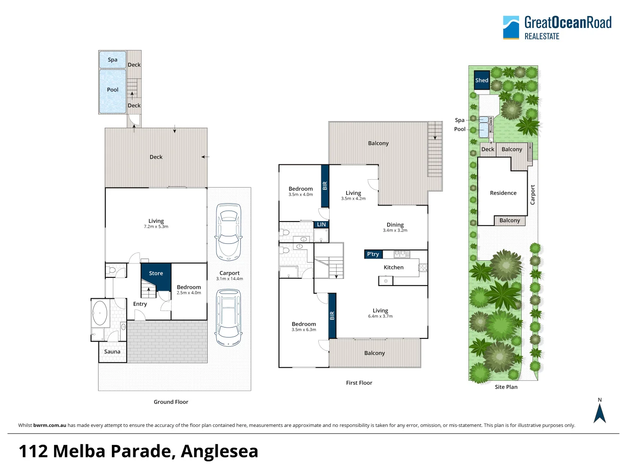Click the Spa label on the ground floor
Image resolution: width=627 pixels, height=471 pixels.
(112, 60)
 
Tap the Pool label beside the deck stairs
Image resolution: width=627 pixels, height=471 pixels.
(112, 90)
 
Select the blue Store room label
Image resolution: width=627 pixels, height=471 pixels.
(156, 273)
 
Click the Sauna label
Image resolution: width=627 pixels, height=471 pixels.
(112, 352)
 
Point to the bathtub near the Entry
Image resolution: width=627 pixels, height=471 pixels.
(101, 313)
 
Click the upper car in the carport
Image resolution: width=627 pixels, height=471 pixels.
(228, 231)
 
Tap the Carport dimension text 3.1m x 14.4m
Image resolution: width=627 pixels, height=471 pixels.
(229, 279)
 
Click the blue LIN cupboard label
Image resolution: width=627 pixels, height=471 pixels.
(321, 225)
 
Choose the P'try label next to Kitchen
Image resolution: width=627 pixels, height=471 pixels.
(373, 254)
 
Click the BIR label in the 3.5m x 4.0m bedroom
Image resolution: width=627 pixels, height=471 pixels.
(325, 186)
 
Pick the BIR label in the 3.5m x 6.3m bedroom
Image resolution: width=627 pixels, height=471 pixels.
(332, 315)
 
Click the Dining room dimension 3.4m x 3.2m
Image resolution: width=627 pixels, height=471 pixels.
(395, 230)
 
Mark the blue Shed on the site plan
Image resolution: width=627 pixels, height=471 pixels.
(482, 80)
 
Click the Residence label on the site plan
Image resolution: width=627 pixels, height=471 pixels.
(503, 193)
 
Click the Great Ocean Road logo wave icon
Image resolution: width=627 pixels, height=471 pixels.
(511, 27)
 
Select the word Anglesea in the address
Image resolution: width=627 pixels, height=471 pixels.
(219, 451)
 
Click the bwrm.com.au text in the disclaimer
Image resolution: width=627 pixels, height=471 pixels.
(50, 425)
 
